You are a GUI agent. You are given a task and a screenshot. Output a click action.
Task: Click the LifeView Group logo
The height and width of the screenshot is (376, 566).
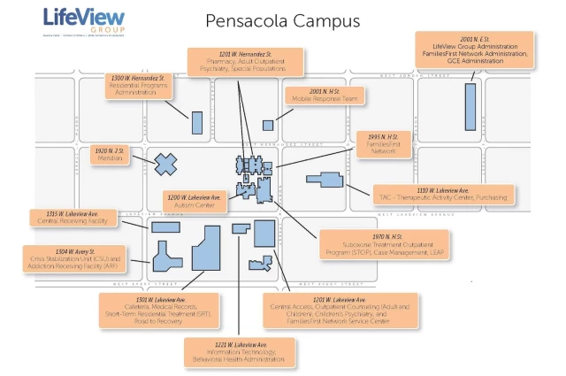(x=83, y=20)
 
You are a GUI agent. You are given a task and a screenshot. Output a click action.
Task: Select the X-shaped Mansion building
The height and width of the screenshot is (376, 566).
(x=166, y=164)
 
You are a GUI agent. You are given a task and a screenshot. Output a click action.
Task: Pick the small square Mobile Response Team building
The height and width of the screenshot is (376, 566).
(x=268, y=125)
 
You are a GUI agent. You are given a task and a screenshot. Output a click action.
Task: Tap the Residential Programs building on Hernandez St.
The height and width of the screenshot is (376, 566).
(x=197, y=123)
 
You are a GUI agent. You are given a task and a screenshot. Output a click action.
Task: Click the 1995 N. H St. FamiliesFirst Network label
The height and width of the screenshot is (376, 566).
(x=383, y=146)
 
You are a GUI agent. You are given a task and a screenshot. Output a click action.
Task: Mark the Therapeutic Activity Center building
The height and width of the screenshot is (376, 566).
(x=324, y=179)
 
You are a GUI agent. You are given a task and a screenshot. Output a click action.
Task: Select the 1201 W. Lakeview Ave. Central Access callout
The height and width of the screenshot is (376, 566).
(x=330, y=311)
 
